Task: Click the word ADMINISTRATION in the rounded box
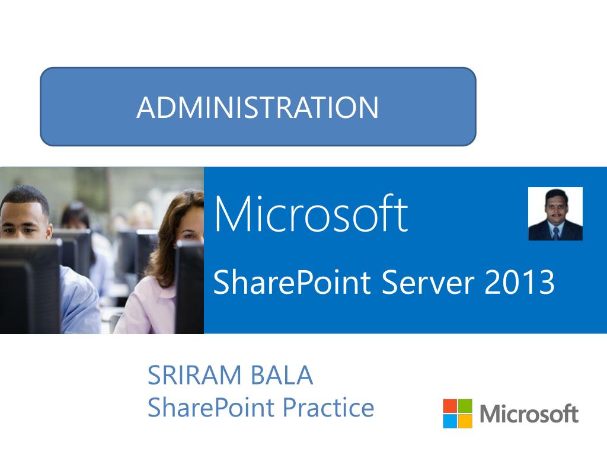(257, 107)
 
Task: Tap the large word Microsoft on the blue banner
(311, 213)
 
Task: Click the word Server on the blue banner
(428, 283)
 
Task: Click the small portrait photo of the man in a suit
(555, 214)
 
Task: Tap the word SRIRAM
(194, 375)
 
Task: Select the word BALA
(282, 375)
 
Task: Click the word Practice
(328, 408)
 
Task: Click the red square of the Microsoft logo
(450, 406)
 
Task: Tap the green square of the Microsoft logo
(465, 406)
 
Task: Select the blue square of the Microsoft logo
(450, 421)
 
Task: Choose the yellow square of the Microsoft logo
(465, 421)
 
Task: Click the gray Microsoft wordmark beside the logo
(529, 414)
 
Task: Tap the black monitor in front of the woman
(189, 286)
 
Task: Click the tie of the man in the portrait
(557, 233)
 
